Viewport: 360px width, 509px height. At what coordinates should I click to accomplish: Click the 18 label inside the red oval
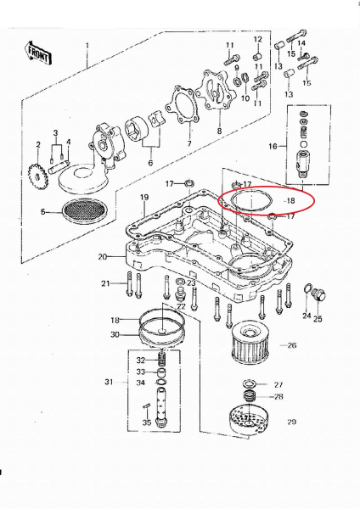291,201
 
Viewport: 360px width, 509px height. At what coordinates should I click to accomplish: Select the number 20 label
103,255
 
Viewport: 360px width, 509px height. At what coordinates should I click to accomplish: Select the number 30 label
115,334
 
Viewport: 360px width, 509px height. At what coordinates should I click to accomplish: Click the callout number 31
108,383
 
